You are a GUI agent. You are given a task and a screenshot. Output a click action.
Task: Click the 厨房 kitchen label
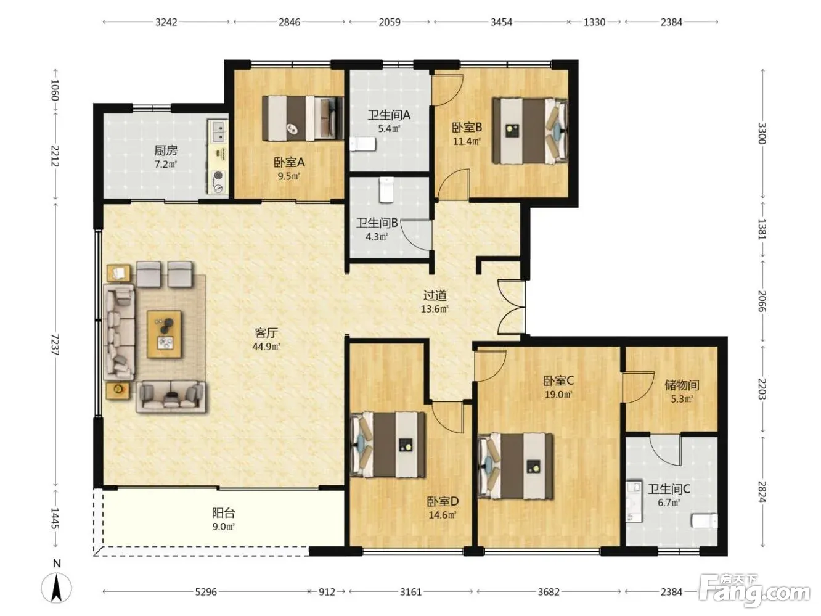tap(166, 150)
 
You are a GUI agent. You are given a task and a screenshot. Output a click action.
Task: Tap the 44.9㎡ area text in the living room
tap(266, 347)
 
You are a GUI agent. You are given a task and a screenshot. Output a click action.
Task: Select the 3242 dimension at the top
tap(166, 22)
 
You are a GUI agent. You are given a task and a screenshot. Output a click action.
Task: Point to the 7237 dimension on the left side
tap(55, 345)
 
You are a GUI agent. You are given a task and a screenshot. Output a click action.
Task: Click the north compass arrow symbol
tap(57, 588)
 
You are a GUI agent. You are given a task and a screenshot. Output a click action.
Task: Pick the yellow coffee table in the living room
tap(165, 334)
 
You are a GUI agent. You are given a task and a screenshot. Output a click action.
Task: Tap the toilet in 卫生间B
tap(386, 190)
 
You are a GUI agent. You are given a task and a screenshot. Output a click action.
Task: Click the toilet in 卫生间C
tap(705, 521)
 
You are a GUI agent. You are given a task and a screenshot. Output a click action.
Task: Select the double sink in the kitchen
tap(218, 131)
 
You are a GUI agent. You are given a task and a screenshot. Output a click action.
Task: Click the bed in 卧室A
tap(303, 118)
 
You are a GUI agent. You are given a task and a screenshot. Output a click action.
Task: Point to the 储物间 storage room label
tap(682, 385)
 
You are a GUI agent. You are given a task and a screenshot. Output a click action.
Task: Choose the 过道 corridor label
tap(435, 295)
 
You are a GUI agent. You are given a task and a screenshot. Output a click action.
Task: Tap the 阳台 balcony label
tap(223, 513)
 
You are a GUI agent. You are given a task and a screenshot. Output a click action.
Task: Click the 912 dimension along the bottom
tap(327, 592)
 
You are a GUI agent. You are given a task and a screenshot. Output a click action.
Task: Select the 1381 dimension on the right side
tap(762, 229)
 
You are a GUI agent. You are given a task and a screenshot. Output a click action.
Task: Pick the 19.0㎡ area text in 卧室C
tap(558, 395)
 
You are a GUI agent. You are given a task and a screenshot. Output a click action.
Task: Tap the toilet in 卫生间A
tap(362, 144)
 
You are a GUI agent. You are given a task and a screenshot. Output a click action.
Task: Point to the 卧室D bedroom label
tap(443, 501)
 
